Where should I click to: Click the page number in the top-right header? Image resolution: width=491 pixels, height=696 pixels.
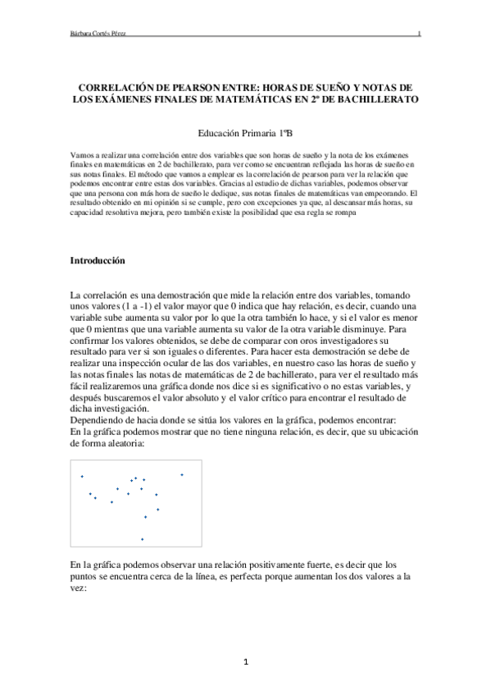pos(419,34)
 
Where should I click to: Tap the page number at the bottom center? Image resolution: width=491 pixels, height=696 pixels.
pos(245,661)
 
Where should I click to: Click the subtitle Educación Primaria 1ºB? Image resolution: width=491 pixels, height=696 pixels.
pos(245,132)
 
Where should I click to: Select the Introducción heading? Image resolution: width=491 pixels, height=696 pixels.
pos(98,260)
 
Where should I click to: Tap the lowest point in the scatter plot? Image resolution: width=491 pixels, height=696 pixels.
pos(143,538)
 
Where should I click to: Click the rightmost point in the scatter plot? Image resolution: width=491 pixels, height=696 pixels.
pos(182,474)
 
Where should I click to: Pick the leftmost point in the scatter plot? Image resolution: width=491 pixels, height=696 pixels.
pos(82,476)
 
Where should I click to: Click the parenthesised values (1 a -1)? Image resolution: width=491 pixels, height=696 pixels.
pos(126,305)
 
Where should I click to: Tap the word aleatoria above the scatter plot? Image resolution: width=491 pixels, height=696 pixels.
pos(122,443)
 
